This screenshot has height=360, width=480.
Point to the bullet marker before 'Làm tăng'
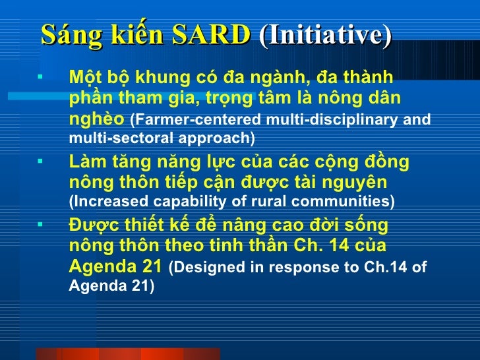(x=40, y=160)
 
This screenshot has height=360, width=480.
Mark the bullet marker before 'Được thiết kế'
(x=40, y=224)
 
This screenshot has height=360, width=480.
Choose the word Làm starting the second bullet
(x=87, y=162)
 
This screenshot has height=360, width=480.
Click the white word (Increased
(x=104, y=201)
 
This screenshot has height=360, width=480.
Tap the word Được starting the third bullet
(x=92, y=225)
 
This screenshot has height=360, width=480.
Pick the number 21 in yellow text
(x=151, y=267)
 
